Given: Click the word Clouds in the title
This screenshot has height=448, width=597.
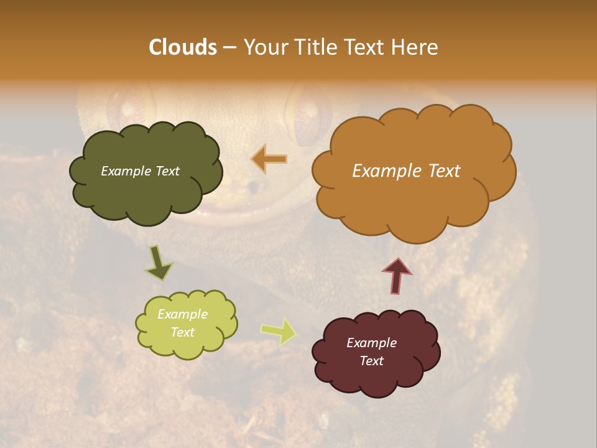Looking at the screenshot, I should click(183, 47).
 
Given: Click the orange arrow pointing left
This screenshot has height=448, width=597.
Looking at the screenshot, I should click(269, 159).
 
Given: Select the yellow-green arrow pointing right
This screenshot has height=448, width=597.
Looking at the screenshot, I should click(278, 331).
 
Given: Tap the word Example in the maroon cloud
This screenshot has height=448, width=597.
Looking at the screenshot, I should click(371, 343).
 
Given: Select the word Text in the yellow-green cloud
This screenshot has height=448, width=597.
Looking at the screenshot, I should click(183, 332).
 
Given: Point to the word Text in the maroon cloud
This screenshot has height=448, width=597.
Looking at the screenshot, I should click(371, 361).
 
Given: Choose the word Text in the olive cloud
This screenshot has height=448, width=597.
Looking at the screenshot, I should click(166, 171).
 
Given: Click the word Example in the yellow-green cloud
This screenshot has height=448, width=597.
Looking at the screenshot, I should click(183, 314).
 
